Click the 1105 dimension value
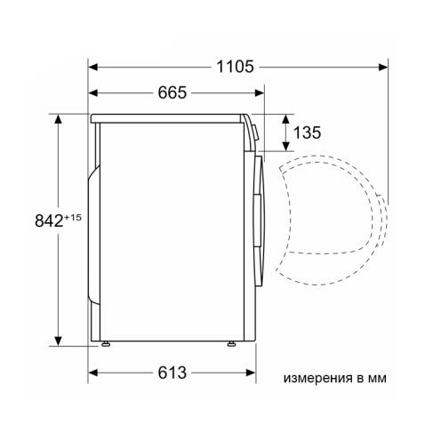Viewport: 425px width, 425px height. (x=235, y=66)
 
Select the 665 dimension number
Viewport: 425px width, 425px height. (x=178, y=92)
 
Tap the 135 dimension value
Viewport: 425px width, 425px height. (x=306, y=134)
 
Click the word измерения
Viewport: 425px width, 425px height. (x=316, y=378)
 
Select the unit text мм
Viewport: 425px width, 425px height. (x=379, y=378)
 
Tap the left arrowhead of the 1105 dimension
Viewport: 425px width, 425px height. (x=92, y=65)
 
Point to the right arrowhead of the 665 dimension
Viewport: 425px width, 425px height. (x=261, y=92)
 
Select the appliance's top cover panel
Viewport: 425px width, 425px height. (x=169, y=117)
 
